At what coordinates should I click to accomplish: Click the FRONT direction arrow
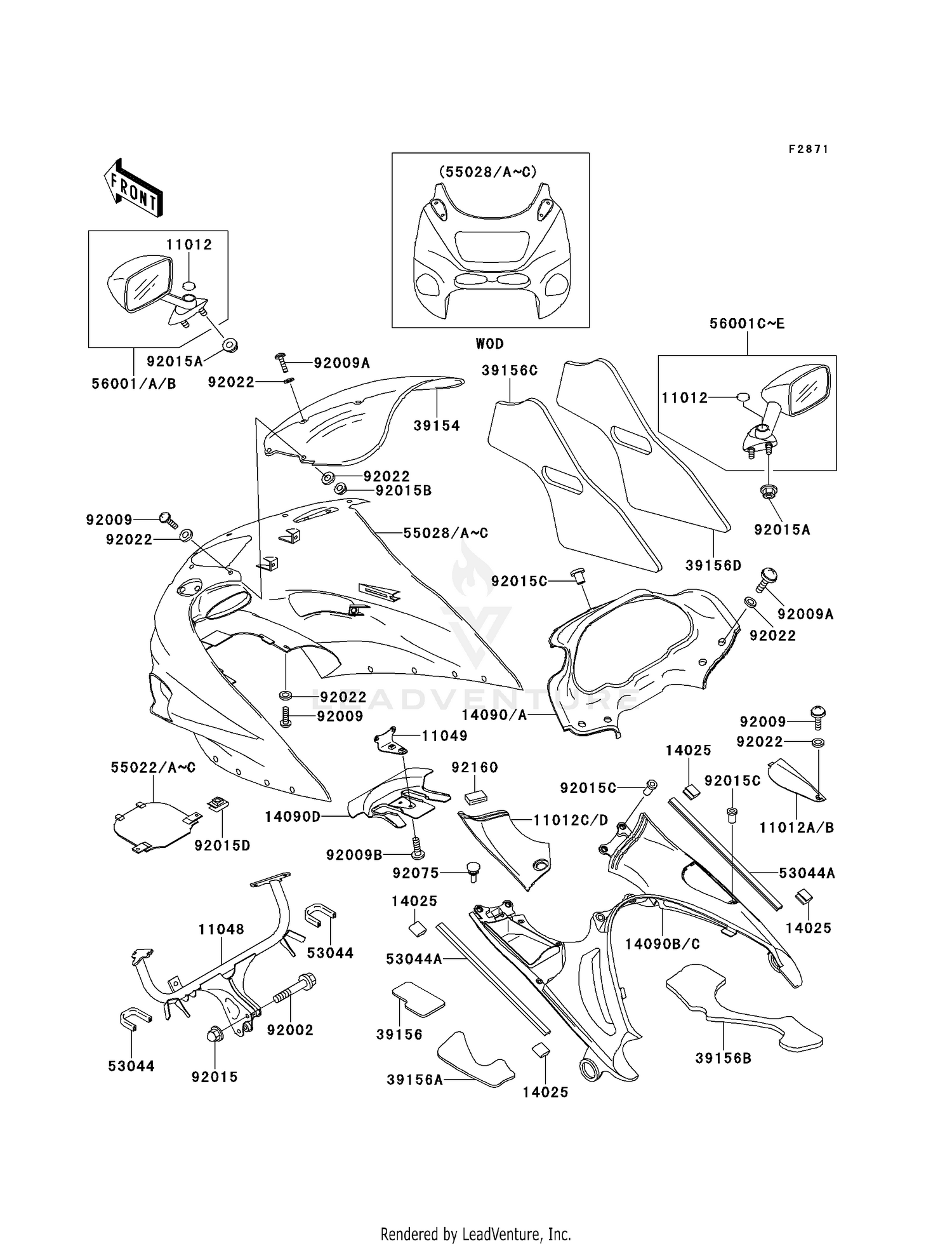coord(133,187)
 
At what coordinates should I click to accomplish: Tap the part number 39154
coord(437,426)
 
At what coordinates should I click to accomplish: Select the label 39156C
coord(509,370)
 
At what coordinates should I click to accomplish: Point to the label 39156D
coord(713,565)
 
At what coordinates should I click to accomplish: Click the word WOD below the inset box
coord(489,344)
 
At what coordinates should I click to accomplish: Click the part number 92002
coord(290,1030)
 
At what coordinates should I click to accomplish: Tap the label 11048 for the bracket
coord(220,929)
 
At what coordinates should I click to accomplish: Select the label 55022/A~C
coord(153,768)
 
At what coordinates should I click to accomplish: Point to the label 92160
coord(474,767)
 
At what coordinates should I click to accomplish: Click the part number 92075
coord(415,873)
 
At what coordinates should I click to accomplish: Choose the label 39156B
coord(723,1058)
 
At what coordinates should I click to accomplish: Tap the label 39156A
coord(414,1079)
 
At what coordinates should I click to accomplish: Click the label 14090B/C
coord(662,944)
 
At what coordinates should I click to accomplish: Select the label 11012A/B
coord(796,827)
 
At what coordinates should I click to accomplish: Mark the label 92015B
coord(403,491)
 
